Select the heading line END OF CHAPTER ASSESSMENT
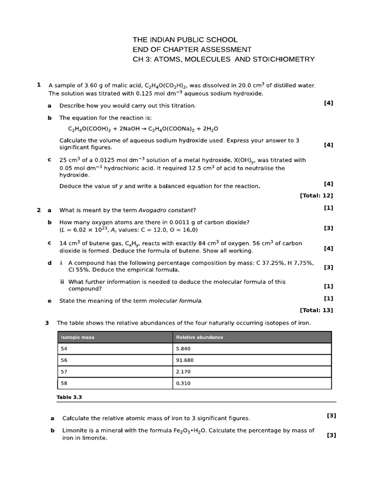coord(192,49)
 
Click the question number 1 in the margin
coord(39,85)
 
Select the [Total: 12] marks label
coord(316,195)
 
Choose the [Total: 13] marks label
coord(316,310)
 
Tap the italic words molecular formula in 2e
coord(175,301)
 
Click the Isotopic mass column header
coord(77,337)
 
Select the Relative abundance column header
coord(200,337)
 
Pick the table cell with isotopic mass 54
coord(115,349)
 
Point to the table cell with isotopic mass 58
coord(115,384)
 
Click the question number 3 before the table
coord(47,323)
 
